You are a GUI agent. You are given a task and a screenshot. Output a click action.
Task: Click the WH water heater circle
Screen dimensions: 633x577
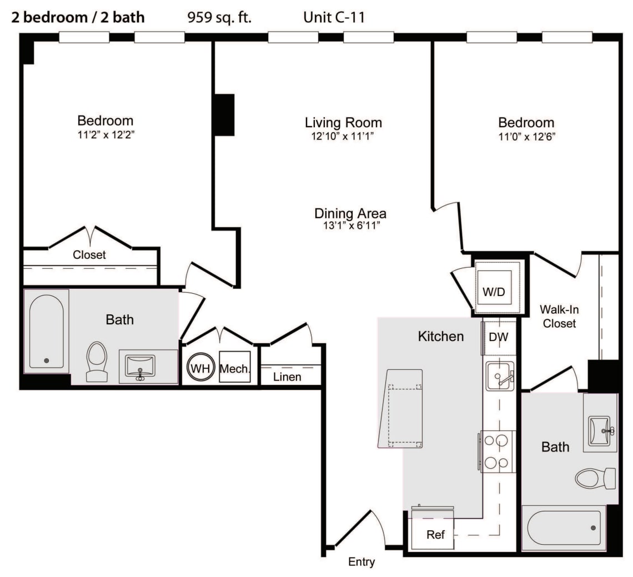click(200, 368)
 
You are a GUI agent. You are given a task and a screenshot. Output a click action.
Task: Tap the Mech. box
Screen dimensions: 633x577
click(234, 367)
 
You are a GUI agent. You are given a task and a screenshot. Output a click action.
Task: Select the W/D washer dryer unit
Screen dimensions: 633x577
click(494, 288)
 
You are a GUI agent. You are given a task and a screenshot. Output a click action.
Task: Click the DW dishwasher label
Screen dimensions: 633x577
click(499, 337)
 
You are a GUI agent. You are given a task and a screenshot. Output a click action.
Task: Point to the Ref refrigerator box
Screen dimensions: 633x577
click(433, 533)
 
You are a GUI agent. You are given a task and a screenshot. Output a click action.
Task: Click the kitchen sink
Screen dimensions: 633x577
click(500, 376)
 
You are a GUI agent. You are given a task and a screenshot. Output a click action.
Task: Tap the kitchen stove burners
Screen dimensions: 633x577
click(498, 451)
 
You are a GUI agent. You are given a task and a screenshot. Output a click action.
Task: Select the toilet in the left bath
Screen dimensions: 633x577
click(97, 362)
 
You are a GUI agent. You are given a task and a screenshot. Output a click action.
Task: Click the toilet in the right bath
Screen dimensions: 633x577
click(595, 478)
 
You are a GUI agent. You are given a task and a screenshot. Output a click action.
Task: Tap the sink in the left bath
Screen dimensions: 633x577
click(140, 366)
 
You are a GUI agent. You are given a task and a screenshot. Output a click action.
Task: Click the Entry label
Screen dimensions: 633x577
click(361, 561)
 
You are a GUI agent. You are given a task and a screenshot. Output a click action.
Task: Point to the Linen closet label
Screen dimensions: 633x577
click(287, 377)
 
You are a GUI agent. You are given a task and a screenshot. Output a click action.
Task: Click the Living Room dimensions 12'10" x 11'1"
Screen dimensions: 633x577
click(343, 136)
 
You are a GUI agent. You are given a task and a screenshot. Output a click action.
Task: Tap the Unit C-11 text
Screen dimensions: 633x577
click(334, 17)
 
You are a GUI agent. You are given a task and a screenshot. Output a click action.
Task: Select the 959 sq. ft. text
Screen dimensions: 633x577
click(219, 17)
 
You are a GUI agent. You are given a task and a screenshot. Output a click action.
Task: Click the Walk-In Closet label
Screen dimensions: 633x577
click(559, 317)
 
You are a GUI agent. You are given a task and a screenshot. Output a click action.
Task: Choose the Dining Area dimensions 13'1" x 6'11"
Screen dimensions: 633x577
click(351, 225)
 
